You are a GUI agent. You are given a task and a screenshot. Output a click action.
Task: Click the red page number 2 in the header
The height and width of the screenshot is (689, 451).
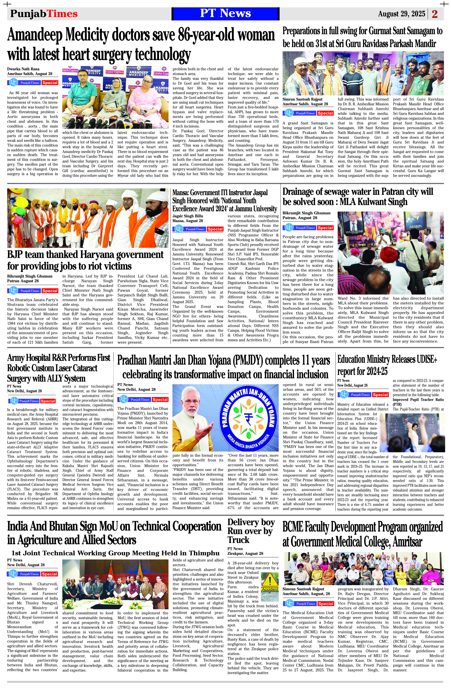[x=435, y=14]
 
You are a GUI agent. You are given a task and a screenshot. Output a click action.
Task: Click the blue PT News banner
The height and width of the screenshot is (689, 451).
[x=225, y=14]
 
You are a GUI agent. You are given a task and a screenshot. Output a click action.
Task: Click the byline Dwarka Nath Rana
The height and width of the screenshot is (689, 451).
[x=23, y=69]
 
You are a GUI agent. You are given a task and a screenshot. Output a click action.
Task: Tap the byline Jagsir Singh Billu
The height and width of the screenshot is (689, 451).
[x=188, y=216]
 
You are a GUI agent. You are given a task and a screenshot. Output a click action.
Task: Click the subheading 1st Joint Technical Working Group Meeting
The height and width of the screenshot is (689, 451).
[x=115, y=553]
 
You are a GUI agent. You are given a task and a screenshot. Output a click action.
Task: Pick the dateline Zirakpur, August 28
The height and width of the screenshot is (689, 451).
[x=245, y=553]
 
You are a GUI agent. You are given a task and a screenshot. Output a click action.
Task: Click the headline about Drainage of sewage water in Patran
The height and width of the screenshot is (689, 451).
[x=358, y=197]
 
